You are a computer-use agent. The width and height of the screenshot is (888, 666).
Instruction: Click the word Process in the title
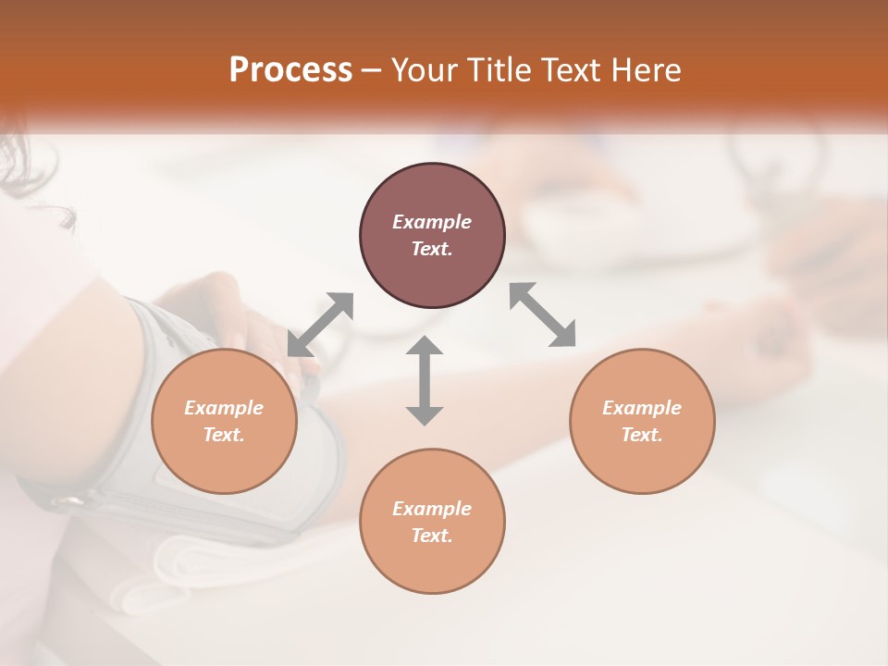pyautogui.click(x=290, y=70)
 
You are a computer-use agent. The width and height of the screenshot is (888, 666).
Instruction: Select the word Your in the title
pyautogui.click(x=425, y=70)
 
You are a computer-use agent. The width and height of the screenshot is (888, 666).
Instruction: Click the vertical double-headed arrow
pyautogui.click(x=425, y=381)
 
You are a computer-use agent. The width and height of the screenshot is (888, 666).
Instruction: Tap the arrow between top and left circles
pyautogui.click(x=320, y=325)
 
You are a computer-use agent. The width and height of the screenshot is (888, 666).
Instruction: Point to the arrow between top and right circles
pyautogui.click(x=543, y=315)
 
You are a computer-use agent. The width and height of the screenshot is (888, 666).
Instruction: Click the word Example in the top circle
pyautogui.click(x=432, y=222)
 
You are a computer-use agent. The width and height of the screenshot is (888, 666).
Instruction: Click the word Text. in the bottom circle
pyautogui.click(x=432, y=536)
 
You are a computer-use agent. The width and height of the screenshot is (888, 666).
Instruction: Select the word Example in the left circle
pyautogui.click(x=224, y=408)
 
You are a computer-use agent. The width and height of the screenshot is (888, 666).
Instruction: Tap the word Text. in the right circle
pyautogui.click(x=641, y=435)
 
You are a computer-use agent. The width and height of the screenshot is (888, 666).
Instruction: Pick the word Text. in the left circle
pyautogui.click(x=224, y=435)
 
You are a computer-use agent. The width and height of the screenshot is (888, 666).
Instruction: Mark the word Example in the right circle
pyautogui.click(x=641, y=408)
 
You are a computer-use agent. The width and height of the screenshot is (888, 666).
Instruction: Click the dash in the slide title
pyautogui.click(x=371, y=70)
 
